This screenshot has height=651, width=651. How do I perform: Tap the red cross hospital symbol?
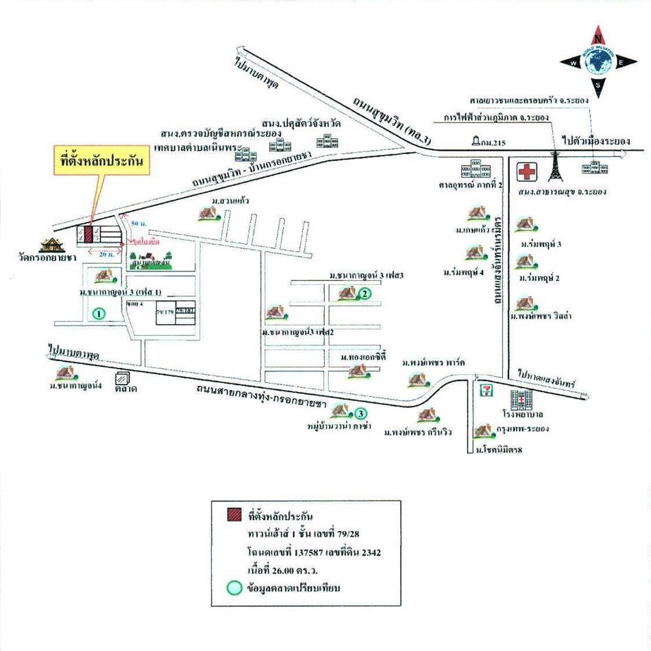[x=527, y=171]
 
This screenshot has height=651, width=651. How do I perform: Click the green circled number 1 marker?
[x=99, y=315]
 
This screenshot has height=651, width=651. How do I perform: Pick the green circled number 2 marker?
[x=365, y=294]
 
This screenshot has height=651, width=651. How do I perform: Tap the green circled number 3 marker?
[x=360, y=413]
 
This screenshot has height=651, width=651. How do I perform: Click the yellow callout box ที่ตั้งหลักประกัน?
[x=101, y=164]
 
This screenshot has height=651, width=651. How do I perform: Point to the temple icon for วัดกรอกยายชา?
[x=51, y=245]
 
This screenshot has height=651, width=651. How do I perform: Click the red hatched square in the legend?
[x=234, y=515]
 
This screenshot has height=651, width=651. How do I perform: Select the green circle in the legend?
[x=234, y=587]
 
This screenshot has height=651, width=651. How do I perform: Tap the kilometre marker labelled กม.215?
[x=477, y=141]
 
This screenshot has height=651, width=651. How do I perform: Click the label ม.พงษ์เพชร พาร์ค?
[x=433, y=361]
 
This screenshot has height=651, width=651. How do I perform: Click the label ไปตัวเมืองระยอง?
[x=594, y=141]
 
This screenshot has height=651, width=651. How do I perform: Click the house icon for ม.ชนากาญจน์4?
[x=66, y=373]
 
